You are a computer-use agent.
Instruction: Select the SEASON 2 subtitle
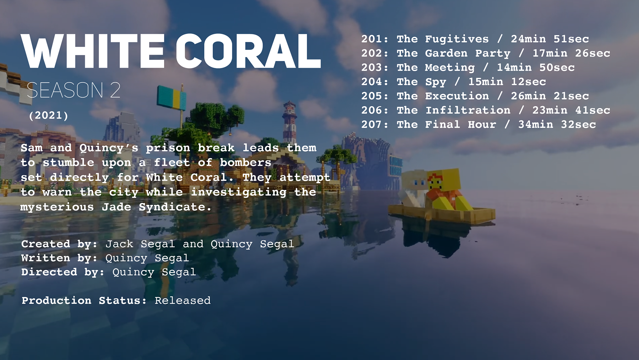[74, 90]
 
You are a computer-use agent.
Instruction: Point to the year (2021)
[49, 116]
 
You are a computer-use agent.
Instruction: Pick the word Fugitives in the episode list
[457, 39]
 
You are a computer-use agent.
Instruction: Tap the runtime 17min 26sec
[571, 53]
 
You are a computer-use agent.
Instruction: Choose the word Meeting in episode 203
[450, 68]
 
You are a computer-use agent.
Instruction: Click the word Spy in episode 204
[436, 82]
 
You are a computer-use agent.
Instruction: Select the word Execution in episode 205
[457, 96]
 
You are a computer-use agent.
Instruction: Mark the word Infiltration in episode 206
[468, 110]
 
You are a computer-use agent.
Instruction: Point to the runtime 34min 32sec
[557, 125]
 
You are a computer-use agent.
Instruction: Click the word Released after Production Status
[183, 300]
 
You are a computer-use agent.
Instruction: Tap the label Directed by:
[63, 272]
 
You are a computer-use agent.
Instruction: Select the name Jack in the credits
[119, 244]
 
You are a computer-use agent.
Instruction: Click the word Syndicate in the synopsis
[175, 207]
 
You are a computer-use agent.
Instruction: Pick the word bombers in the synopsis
[246, 163]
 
